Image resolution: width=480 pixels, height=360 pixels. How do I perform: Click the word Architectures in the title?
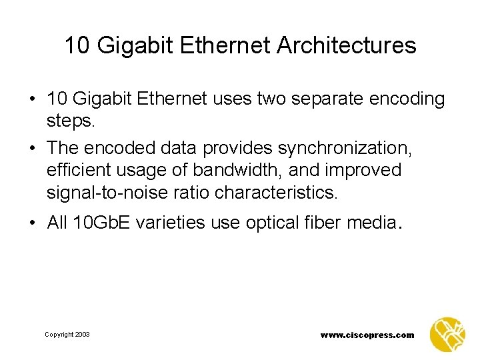(x=347, y=46)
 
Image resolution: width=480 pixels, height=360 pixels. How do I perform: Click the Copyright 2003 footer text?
(x=67, y=335)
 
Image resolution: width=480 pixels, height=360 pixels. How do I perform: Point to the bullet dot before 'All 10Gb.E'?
(x=33, y=222)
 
